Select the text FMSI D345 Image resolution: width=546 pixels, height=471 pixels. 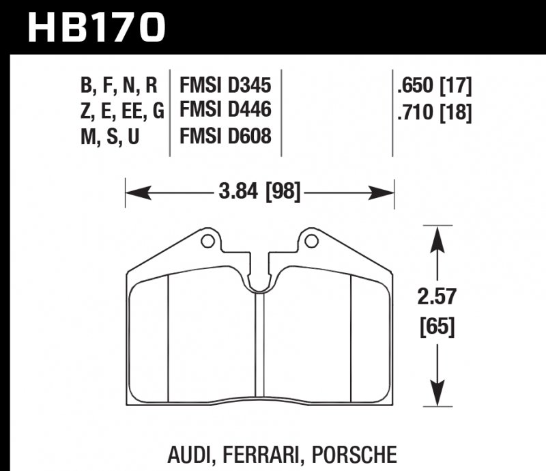(x=225, y=87)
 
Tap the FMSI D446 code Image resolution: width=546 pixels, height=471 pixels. (x=225, y=110)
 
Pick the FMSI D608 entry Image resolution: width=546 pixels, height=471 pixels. (x=225, y=135)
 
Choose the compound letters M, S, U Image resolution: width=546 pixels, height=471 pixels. (x=111, y=135)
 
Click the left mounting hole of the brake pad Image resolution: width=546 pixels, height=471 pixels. (x=207, y=240)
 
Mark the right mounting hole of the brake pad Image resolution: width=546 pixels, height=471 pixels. (x=311, y=240)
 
